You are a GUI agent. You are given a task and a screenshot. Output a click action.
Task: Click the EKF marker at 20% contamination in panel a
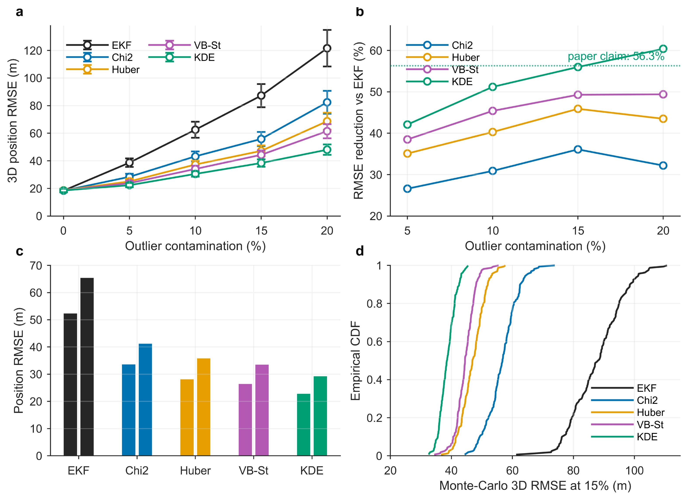(327, 48)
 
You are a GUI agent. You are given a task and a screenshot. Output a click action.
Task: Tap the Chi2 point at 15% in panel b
(578, 149)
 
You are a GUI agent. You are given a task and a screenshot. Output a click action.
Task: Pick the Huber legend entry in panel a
(103, 69)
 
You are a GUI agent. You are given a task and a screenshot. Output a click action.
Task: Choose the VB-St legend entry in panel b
(442, 69)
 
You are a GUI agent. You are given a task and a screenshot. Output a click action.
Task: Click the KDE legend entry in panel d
(624, 437)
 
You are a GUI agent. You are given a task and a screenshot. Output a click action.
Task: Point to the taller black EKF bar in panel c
(87, 366)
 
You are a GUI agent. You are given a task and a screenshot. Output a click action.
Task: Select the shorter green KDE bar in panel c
(304, 424)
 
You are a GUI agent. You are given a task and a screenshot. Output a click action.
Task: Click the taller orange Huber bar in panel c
(203, 407)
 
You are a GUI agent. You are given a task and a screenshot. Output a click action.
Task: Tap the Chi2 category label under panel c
(137, 471)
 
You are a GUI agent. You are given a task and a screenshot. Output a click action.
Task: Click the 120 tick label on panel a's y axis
(33, 51)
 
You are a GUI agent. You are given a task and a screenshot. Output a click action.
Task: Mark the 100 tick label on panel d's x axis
(634, 471)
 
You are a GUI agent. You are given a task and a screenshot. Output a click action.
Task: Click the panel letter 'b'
(360, 12)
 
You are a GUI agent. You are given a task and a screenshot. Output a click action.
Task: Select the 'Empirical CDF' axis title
(355, 361)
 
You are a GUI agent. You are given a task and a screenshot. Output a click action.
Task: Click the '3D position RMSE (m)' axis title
(12, 121)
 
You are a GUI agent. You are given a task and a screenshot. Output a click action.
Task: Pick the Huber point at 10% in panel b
(492, 132)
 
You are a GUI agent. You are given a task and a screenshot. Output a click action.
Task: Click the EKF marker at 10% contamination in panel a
(195, 130)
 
